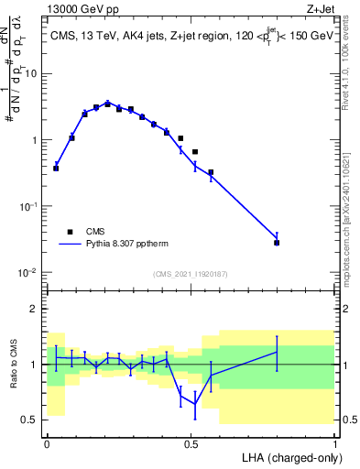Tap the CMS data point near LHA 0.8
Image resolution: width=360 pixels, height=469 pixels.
[277, 243]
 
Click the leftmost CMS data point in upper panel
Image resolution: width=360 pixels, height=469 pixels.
[56, 169]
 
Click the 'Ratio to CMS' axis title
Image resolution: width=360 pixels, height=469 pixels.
[14, 365]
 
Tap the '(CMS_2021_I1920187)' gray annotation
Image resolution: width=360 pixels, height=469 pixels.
[190, 273]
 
